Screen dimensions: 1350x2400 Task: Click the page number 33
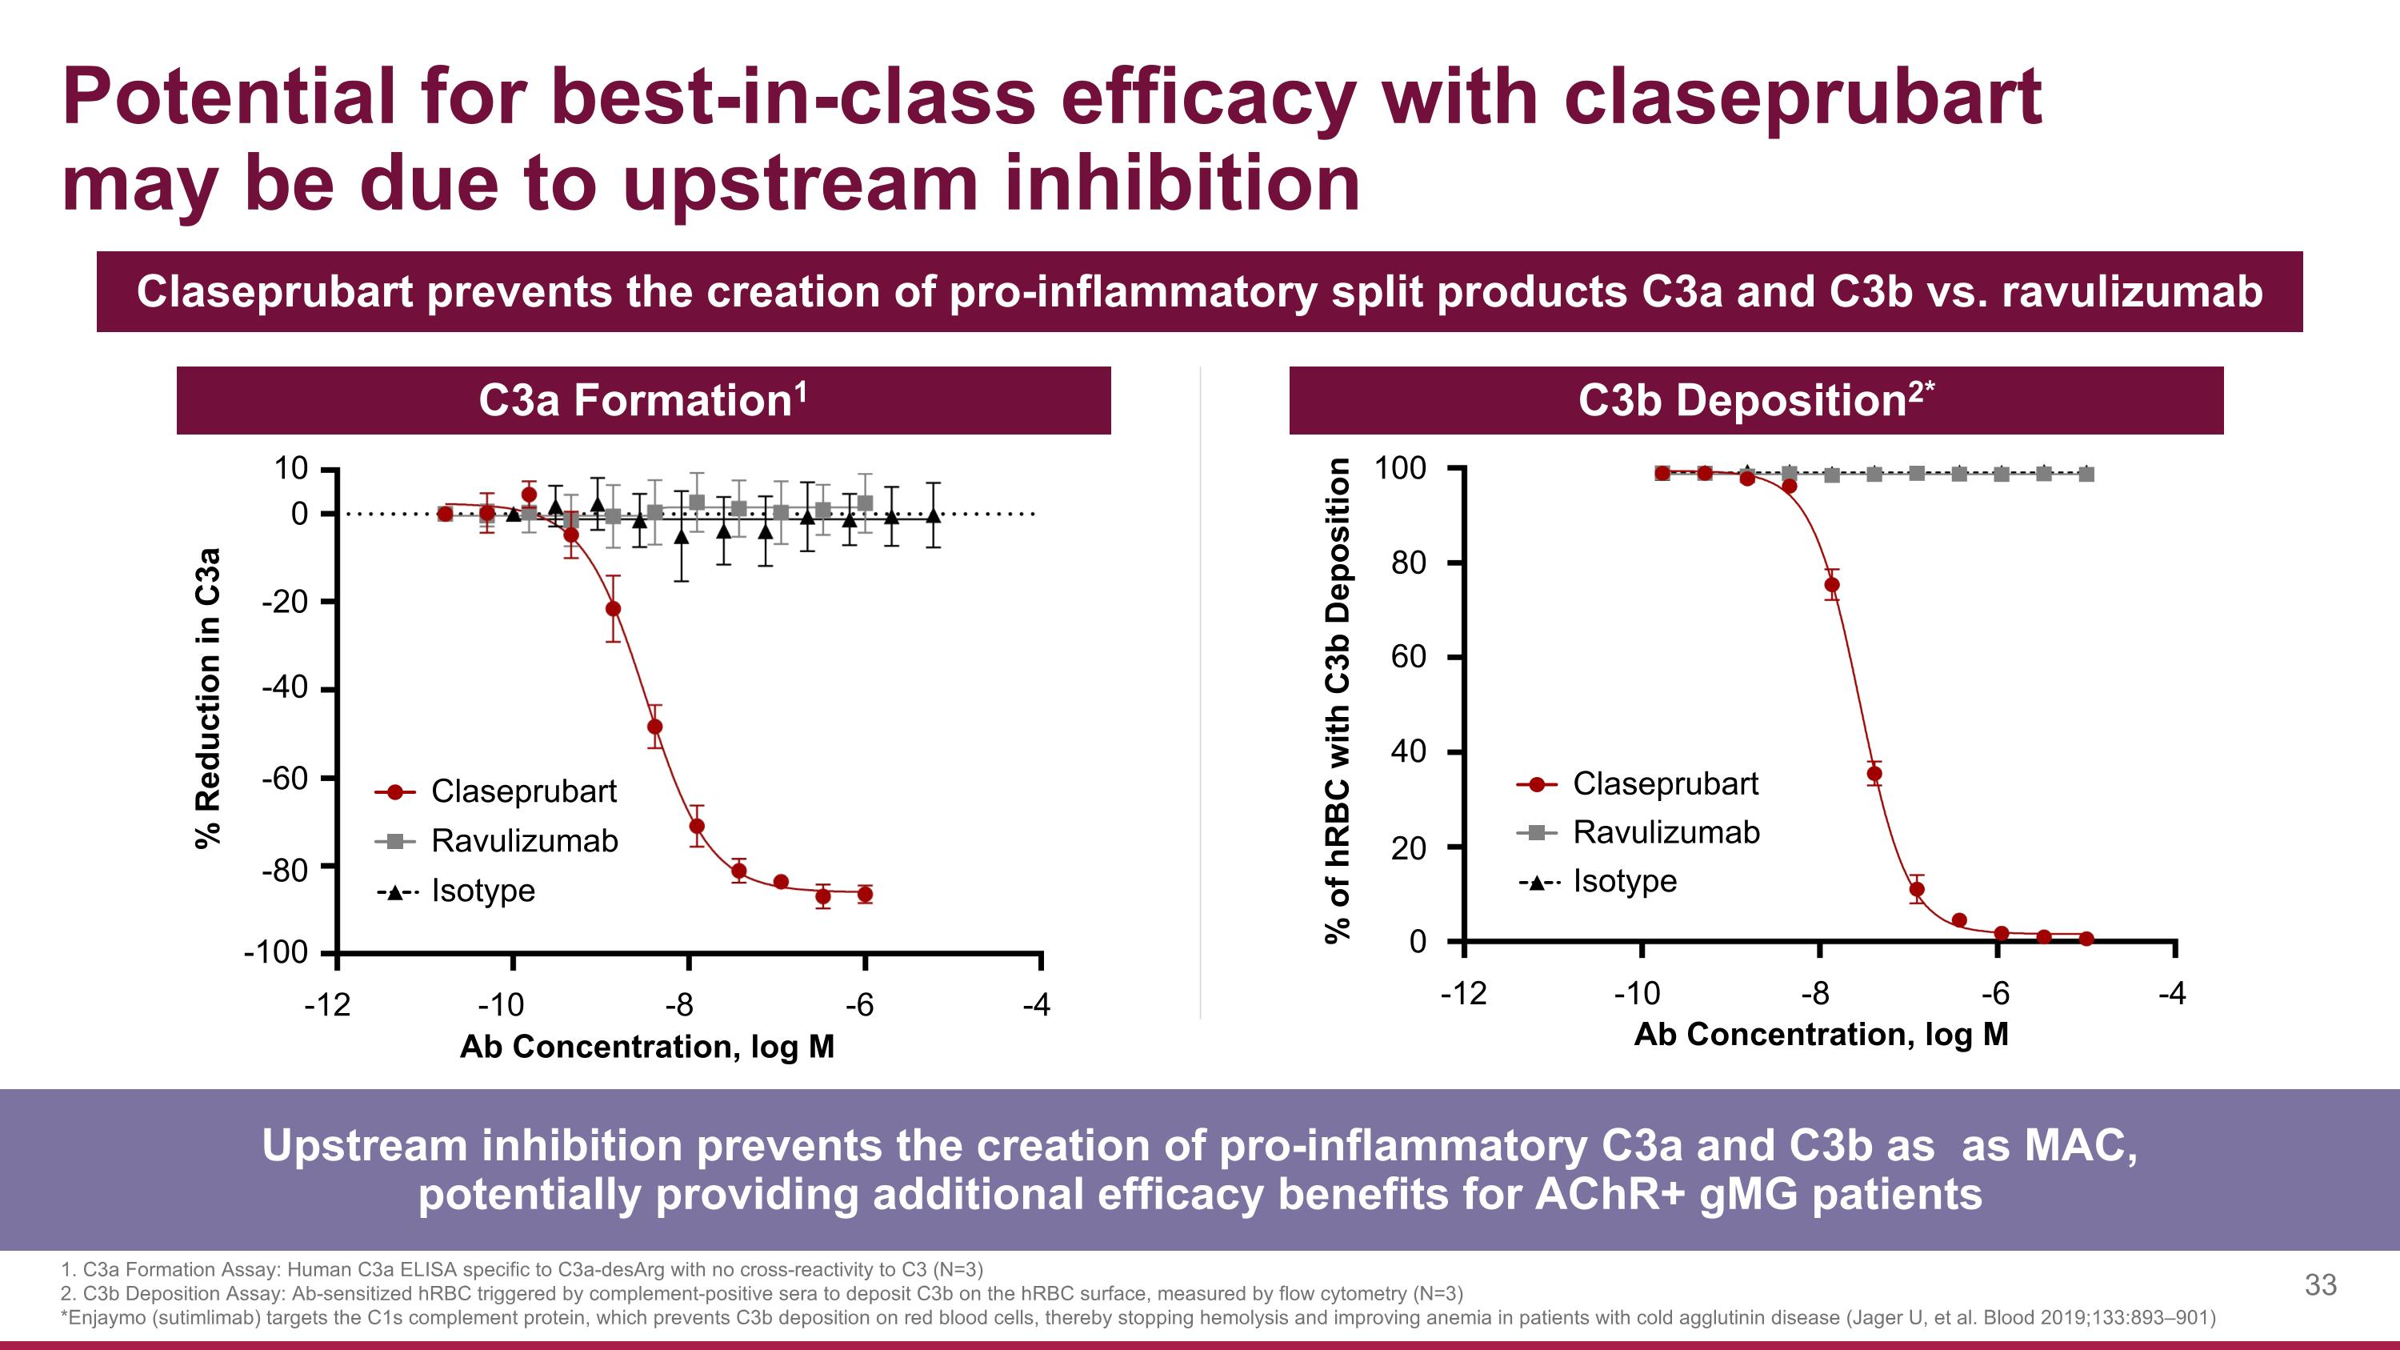[x=2320, y=1285]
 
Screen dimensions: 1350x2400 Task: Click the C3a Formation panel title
[x=643, y=401]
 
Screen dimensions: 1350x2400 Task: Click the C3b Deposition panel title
[x=1755, y=401]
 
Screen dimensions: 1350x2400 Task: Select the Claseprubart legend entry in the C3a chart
[x=522, y=791]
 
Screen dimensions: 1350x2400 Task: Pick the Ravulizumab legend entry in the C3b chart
[x=1665, y=831]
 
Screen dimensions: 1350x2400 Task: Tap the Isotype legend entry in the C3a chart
[x=482, y=891]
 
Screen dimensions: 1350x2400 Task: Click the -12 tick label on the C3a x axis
[x=328, y=1004]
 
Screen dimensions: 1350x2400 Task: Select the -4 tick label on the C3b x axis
[x=2171, y=994]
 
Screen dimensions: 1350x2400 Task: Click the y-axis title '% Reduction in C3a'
[x=209, y=698]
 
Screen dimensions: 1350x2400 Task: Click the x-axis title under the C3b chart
[x=1821, y=1034]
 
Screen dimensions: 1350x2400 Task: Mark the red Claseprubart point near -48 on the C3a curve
[x=655, y=727]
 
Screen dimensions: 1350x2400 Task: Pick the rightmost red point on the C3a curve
[x=865, y=895]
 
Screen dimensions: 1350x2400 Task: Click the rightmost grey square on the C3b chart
[x=2086, y=475]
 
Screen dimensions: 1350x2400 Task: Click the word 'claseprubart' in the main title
[x=1802, y=97]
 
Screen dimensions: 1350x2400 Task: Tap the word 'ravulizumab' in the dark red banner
[x=2132, y=291]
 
